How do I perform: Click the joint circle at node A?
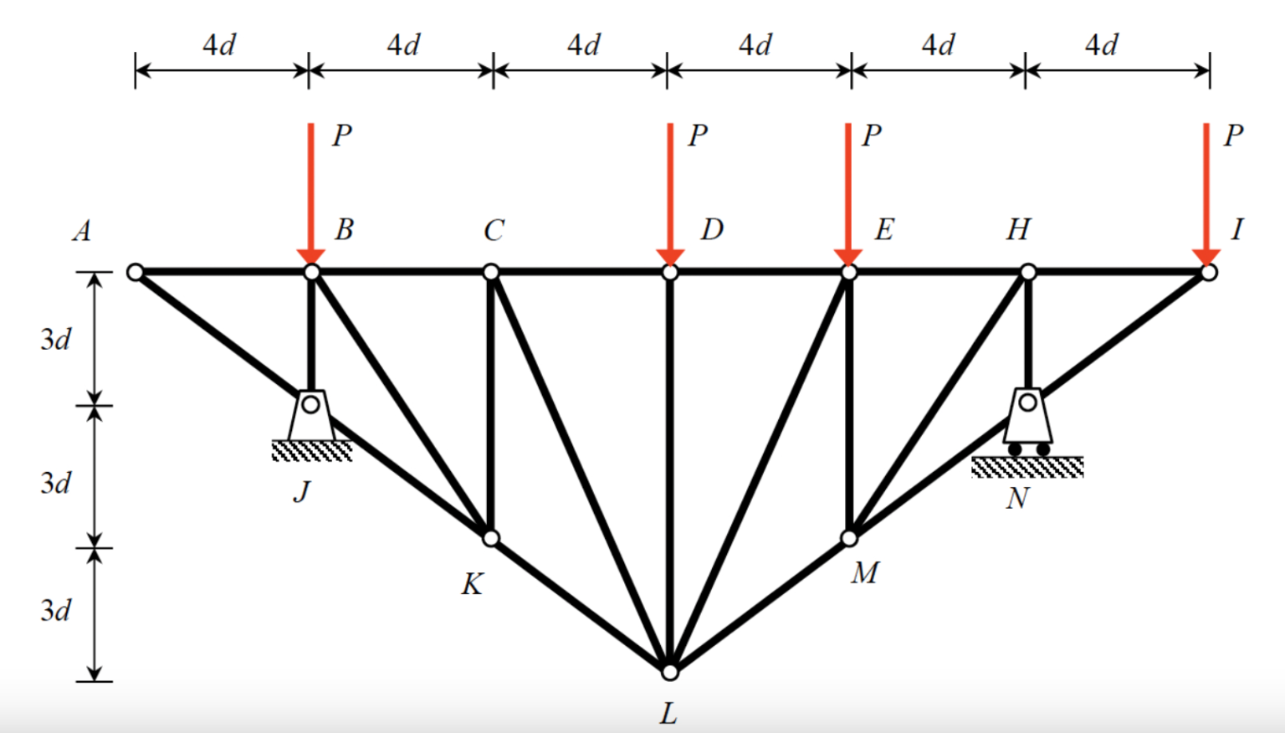[136, 272]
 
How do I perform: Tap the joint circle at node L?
[669, 671]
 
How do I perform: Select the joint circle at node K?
[491, 537]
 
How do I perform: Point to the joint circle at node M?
[849, 537]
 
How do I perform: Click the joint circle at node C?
[491, 272]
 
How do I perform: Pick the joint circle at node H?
[1028, 272]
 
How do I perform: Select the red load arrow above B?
[310, 192]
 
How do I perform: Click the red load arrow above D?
[670, 192]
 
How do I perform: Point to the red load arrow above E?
[848, 192]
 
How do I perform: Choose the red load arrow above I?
[1206, 192]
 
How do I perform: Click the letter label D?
[712, 229]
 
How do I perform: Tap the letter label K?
[472, 584]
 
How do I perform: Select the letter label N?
[1017, 499]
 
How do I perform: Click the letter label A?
[82, 231]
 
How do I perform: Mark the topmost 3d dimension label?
[56, 340]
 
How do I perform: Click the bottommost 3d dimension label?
[56, 611]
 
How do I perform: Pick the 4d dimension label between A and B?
[219, 45]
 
